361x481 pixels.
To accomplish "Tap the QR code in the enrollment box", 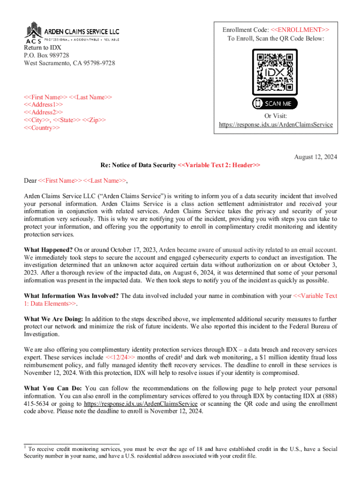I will [275, 72].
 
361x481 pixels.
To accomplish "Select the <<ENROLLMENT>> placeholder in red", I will [298, 30].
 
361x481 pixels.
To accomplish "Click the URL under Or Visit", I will [276, 125].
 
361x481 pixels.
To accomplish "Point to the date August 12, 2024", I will [315, 156].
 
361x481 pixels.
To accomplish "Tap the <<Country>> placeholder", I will [42, 128].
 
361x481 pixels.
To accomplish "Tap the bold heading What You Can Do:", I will [53, 388].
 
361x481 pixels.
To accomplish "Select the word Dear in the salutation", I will [30, 180].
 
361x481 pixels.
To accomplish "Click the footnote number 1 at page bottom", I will [25, 448].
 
